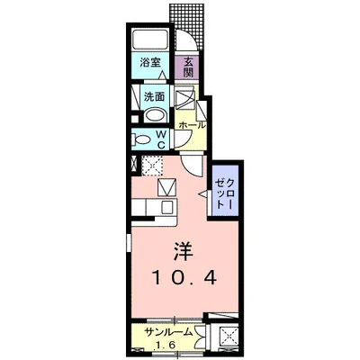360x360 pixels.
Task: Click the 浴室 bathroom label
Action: [x=149, y=63]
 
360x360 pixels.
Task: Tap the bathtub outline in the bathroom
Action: [x=149, y=39]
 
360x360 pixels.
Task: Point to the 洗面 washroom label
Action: [x=152, y=95]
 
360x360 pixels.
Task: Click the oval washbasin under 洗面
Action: [x=153, y=114]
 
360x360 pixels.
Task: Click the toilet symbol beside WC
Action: [x=142, y=139]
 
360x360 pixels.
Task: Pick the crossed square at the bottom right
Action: [x=226, y=339]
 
